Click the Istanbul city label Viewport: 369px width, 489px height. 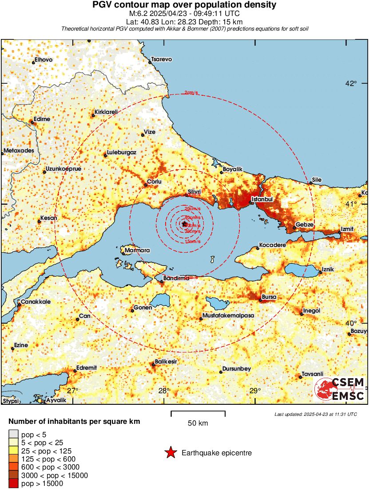pos(262,200)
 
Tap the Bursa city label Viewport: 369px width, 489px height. pos(270,297)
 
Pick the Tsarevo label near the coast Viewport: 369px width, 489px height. pos(162,59)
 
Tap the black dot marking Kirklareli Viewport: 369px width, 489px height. pos(93,116)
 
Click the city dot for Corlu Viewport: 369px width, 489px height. pos(146,185)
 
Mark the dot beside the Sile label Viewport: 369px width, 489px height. pos(310,183)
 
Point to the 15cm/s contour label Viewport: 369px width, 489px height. pos(192,241)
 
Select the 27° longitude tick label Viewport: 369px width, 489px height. pos(73,391)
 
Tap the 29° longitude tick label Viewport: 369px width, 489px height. pos(255,391)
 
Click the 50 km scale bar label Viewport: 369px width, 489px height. pos(198,423)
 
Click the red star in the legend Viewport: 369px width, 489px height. pos(170,453)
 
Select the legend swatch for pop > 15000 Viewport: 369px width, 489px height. pos(13,484)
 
